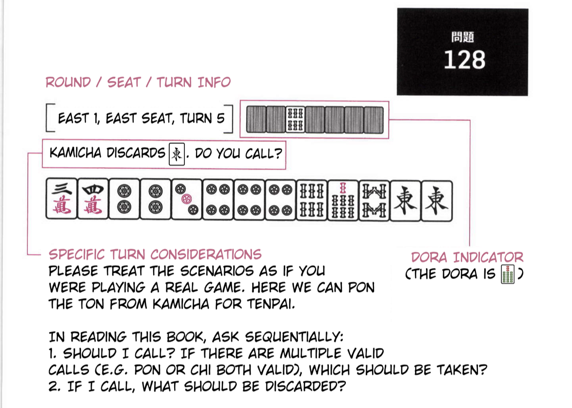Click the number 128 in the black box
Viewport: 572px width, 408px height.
(464, 60)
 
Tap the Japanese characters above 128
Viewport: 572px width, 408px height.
(462, 37)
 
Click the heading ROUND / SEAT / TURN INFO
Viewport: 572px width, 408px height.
(138, 82)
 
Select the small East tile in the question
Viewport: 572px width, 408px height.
(177, 154)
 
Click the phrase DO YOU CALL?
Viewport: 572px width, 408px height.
(239, 154)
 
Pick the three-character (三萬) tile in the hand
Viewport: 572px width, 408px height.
(62, 199)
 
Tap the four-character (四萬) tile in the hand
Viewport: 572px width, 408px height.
(93, 199)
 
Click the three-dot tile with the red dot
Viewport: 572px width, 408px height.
(186, 199)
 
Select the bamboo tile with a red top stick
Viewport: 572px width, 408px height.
(343, 200)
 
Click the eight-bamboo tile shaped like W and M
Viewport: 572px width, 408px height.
(374, 201)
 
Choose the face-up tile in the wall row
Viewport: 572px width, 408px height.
(295, 120)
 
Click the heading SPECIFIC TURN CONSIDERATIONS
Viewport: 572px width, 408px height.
(155, 254)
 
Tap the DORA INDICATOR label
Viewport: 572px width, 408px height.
(467, 257)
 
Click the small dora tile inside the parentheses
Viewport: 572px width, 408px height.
(507, 274)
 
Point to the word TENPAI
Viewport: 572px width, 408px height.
(271, 304)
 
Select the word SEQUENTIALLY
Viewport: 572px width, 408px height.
(294, 337)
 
